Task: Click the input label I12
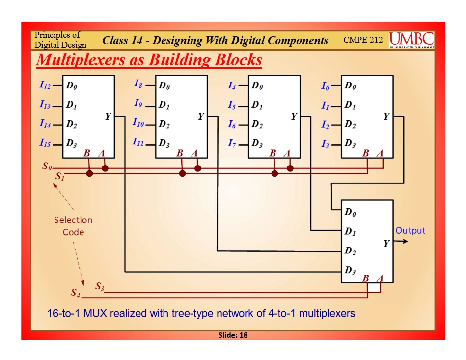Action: pyautogui.click(x=45, y=86)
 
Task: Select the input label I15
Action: pyautogui.click(x=45, y=144)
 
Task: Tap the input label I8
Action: pyautogui.click(x=138, y=84)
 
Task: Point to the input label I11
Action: pyautogui.click(x=138, y=142)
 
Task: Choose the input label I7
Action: pyautogui.click(x=232, y=144)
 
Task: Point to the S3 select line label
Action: pyautogui.click(x=100, y=286)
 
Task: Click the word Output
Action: pyautogui.click(x=411, y=231)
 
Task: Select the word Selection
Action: pyautogui.click(x=73, y=220)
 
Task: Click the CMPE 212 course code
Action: pyautogui.click(x=363, y=40)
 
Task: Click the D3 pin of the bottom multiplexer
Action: pyautogui.click(x=350, y=270)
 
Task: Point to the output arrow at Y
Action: pyautogui.click(x=401, y=241)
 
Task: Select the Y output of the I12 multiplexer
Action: pyautogui.click(x=108, y=116)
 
